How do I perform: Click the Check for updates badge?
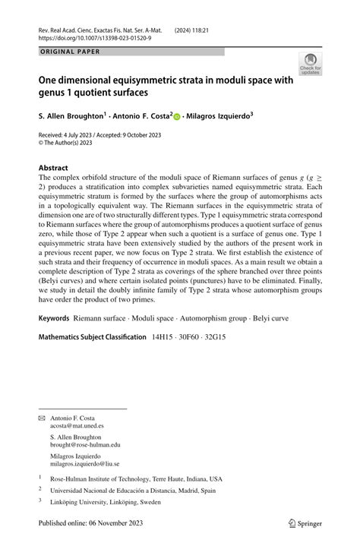310,64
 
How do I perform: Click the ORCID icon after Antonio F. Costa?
177,118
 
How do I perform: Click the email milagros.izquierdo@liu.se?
84,463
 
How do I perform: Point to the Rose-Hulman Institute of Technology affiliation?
136,479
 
